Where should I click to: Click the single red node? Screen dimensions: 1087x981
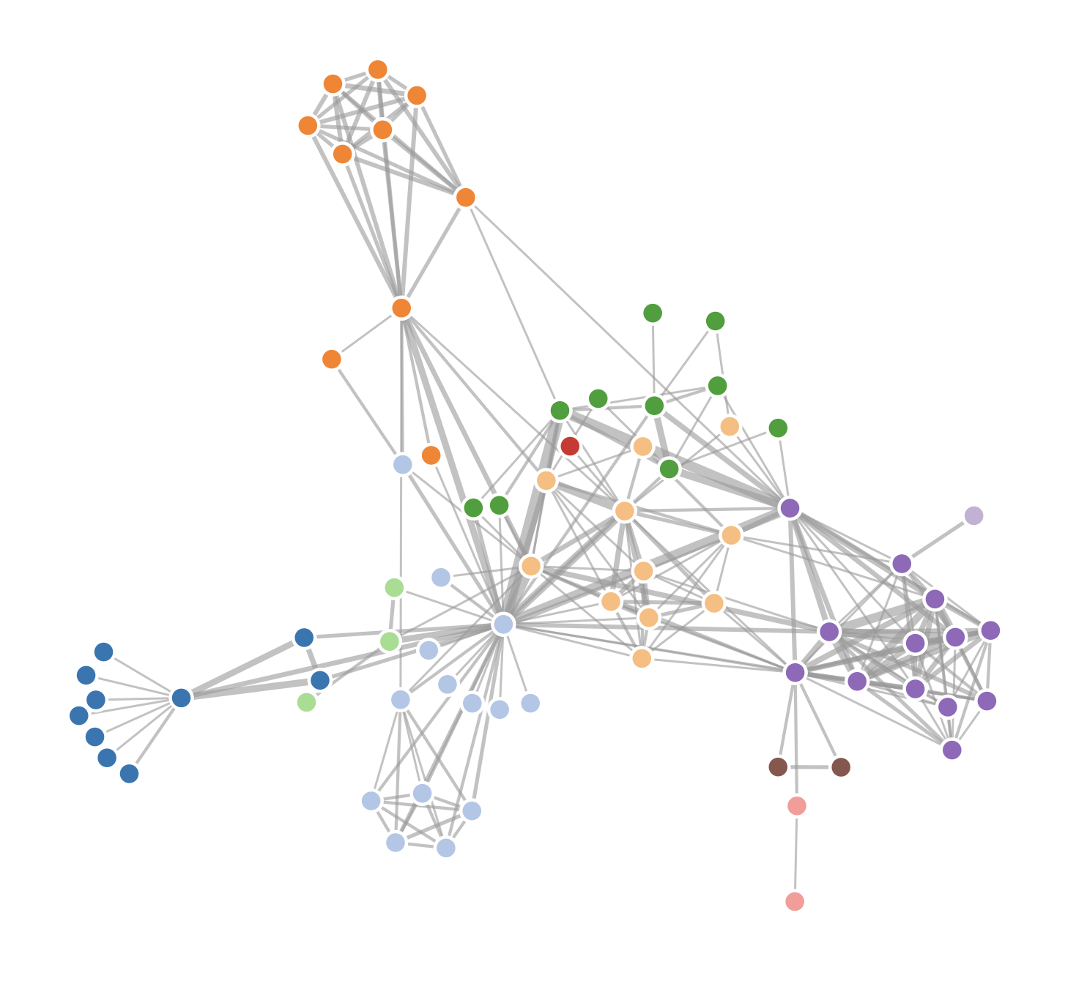[570, 446]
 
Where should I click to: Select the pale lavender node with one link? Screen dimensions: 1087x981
[973, 515]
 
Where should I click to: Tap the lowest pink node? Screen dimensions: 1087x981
[795, 901]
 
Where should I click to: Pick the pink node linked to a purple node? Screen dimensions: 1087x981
[797, 806]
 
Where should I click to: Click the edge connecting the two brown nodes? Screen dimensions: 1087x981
[809, 767]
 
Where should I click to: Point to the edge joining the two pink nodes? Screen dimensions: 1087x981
[796, 854]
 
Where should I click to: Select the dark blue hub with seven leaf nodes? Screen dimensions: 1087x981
[181, 698]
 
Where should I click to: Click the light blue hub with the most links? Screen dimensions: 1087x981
[503, 624]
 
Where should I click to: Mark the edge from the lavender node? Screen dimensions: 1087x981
[938, 540]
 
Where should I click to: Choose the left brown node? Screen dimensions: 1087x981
[778, 766]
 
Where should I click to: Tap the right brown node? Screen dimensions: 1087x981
[841, 767]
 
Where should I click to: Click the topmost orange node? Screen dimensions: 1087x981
[378, 70]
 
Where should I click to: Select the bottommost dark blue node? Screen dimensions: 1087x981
[129, 774]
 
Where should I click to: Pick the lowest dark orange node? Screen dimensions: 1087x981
[431, 455]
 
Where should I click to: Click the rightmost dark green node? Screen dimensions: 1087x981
[778, 428]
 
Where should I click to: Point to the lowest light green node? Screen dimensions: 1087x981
[307, 702]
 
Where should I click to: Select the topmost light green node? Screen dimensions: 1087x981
[395, 587]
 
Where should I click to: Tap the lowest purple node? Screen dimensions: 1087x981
[951, 750]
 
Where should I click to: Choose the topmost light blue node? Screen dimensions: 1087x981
[403, 464]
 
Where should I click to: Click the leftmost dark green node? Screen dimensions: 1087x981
[473, 507]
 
